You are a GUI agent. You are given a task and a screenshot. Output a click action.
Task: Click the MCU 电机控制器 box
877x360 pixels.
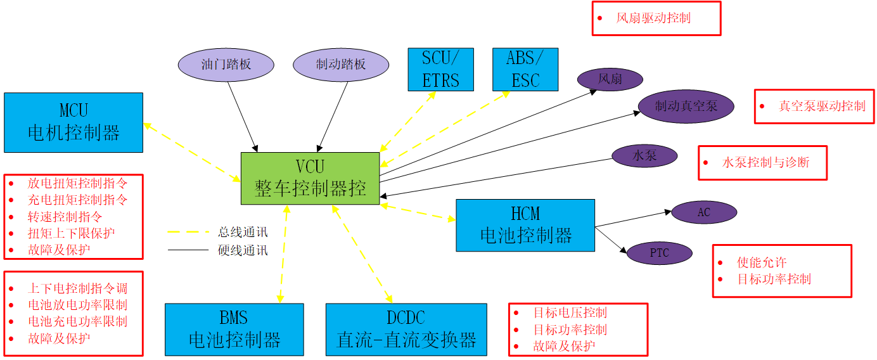pyautogui.click(x=74, y=122)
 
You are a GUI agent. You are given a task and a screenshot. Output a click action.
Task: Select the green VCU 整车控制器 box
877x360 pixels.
pyautogui.click(x=310, y=178)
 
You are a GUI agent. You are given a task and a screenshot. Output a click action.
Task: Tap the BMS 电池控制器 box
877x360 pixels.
pyautogui.click(x=234, y=329)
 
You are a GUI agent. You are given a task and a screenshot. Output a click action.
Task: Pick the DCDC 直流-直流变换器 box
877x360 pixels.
pyautogui.click(x=406, y=329)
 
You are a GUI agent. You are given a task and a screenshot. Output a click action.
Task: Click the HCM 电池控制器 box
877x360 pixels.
pyautogui.click(x=525, y=225)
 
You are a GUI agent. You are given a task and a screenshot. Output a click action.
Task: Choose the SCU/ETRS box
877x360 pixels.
pyautogui.click(x=440, y=69)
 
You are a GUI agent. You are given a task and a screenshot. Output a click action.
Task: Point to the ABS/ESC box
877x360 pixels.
pyautogui.click(x=525, y=69)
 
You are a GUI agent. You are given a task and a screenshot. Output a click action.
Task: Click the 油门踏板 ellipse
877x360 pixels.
pyautogui.click(x=226, y=65)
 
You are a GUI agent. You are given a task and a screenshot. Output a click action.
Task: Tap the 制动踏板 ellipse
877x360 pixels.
pyautogui.click(x=341, y=65)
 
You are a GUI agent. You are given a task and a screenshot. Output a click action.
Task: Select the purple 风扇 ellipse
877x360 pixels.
pyautogui.click(x=610, y=80)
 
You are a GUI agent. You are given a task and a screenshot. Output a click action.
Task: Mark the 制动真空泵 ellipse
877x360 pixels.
pyautogui.click(x=686, y=106)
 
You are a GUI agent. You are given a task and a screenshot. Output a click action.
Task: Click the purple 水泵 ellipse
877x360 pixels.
pyautogui.click(x=644, y=156)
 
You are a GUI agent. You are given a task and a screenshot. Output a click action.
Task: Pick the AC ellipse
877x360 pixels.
pyautogui.click(x=703, y=213)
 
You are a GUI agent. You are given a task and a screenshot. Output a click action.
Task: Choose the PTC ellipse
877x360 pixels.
pyautogui.click(x=659, y=254)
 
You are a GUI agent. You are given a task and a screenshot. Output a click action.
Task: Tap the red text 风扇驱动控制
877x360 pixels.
pyautogui.click(x=653, y=18)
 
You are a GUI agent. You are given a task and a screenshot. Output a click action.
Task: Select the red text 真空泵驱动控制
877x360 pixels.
pyautogui.click(x=822, y=106)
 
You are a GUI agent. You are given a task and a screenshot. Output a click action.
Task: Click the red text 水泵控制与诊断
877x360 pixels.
pyautogui.click(x=765, y=162)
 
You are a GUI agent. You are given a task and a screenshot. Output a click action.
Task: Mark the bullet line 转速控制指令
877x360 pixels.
pyautogui.click(x=65, y=216)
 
